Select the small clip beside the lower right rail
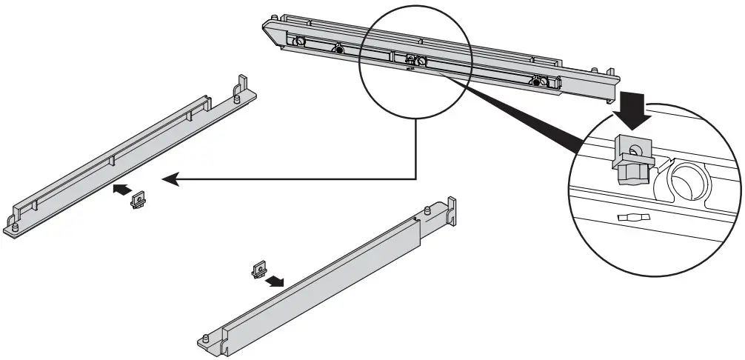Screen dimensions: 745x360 (258, 269)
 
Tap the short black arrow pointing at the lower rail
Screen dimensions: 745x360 (276, 281)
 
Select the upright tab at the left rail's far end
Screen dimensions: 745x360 (241, 82)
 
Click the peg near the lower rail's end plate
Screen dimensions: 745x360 (430, 211)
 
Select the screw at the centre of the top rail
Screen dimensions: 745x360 (419, 61)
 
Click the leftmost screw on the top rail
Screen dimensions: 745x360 (301, 41)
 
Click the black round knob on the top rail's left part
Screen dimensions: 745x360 (338, 50)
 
